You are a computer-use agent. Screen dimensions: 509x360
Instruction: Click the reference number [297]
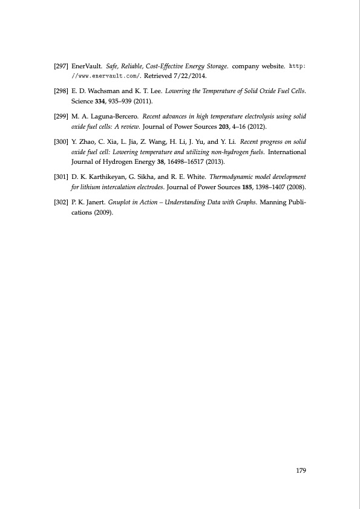click(61, 65)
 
